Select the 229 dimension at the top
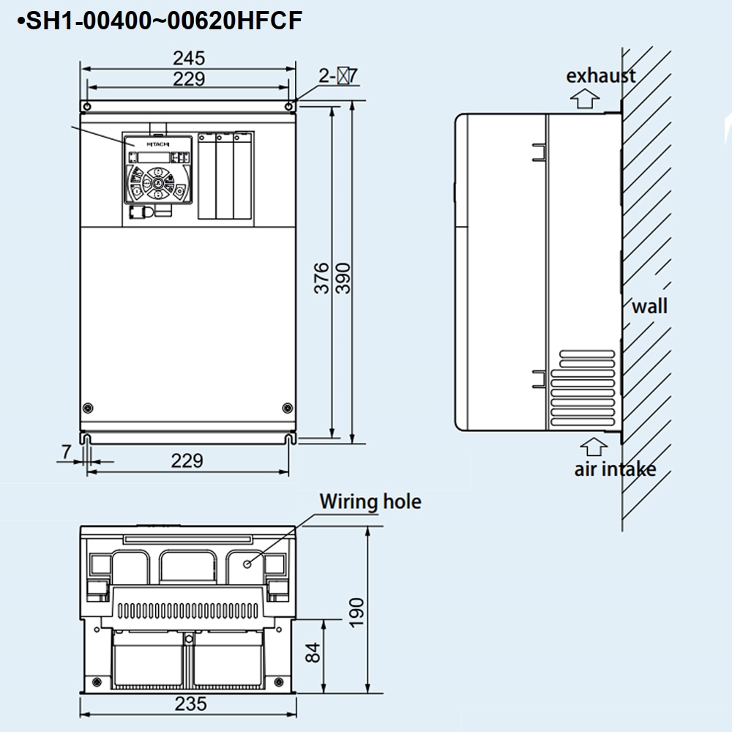point(189,79)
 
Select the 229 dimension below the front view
point(187,460)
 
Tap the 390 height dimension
point(343,278)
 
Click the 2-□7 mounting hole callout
point(338,75)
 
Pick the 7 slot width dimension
point(67,452)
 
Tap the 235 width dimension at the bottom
point(190,704)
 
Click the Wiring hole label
point(370,501)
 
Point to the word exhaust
point(601,75)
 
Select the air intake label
point(615,469)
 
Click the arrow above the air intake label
point(594,446)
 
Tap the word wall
point(650,305)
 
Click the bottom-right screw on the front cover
point(286,408)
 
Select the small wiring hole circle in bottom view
point(248,563)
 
